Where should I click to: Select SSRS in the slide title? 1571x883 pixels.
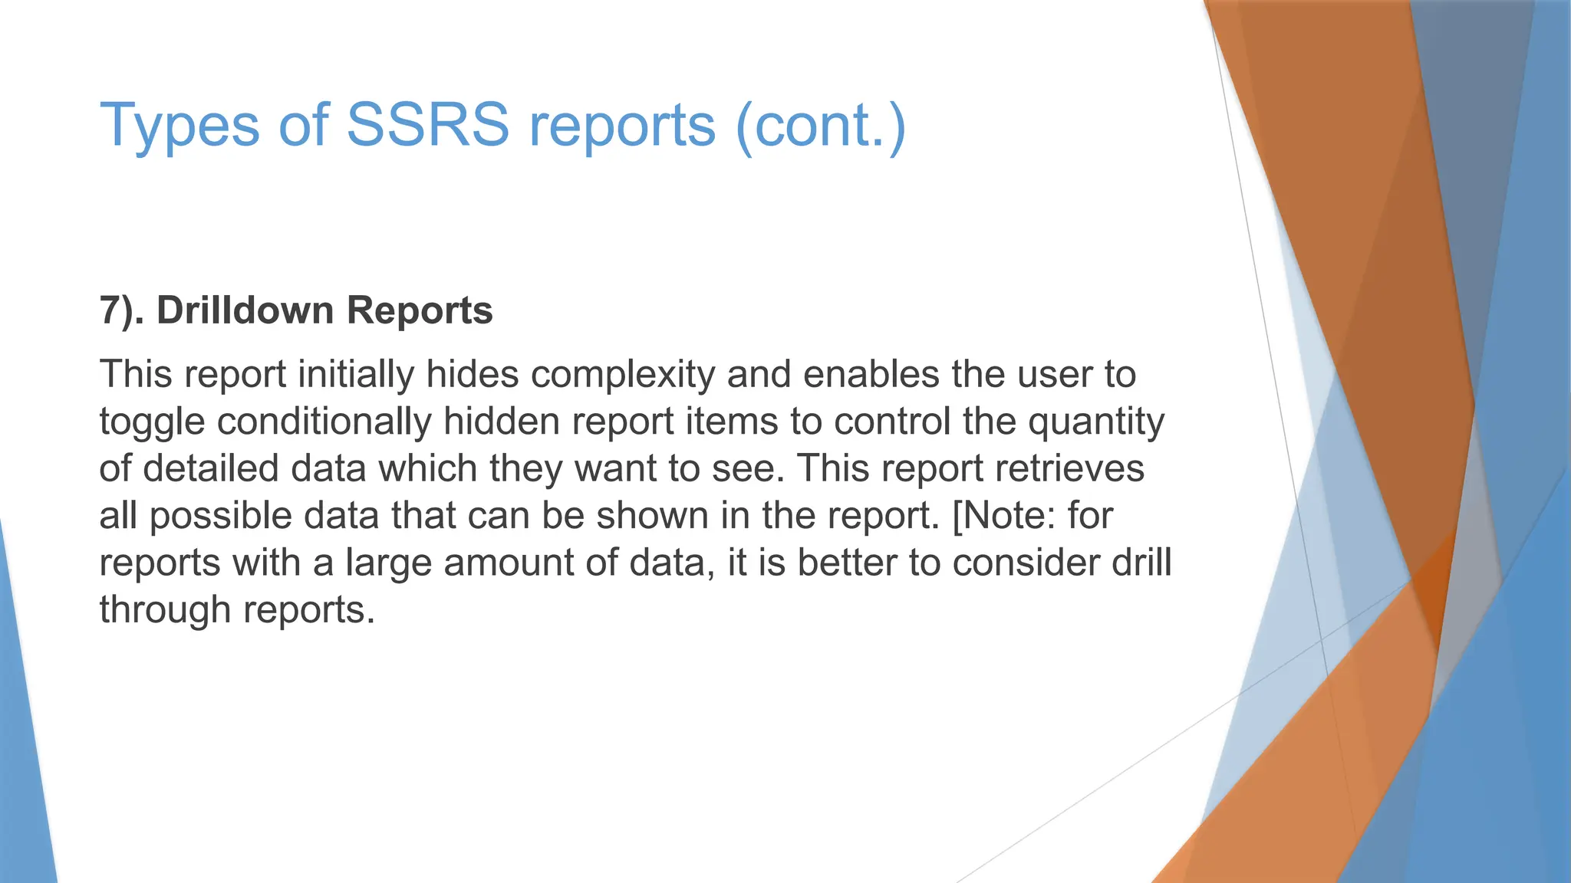(x=427, y=125)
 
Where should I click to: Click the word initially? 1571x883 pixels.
(x=355, y=375)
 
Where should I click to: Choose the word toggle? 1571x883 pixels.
(x=152, y=422)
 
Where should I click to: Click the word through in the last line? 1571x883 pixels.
(x=165, y=610)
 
